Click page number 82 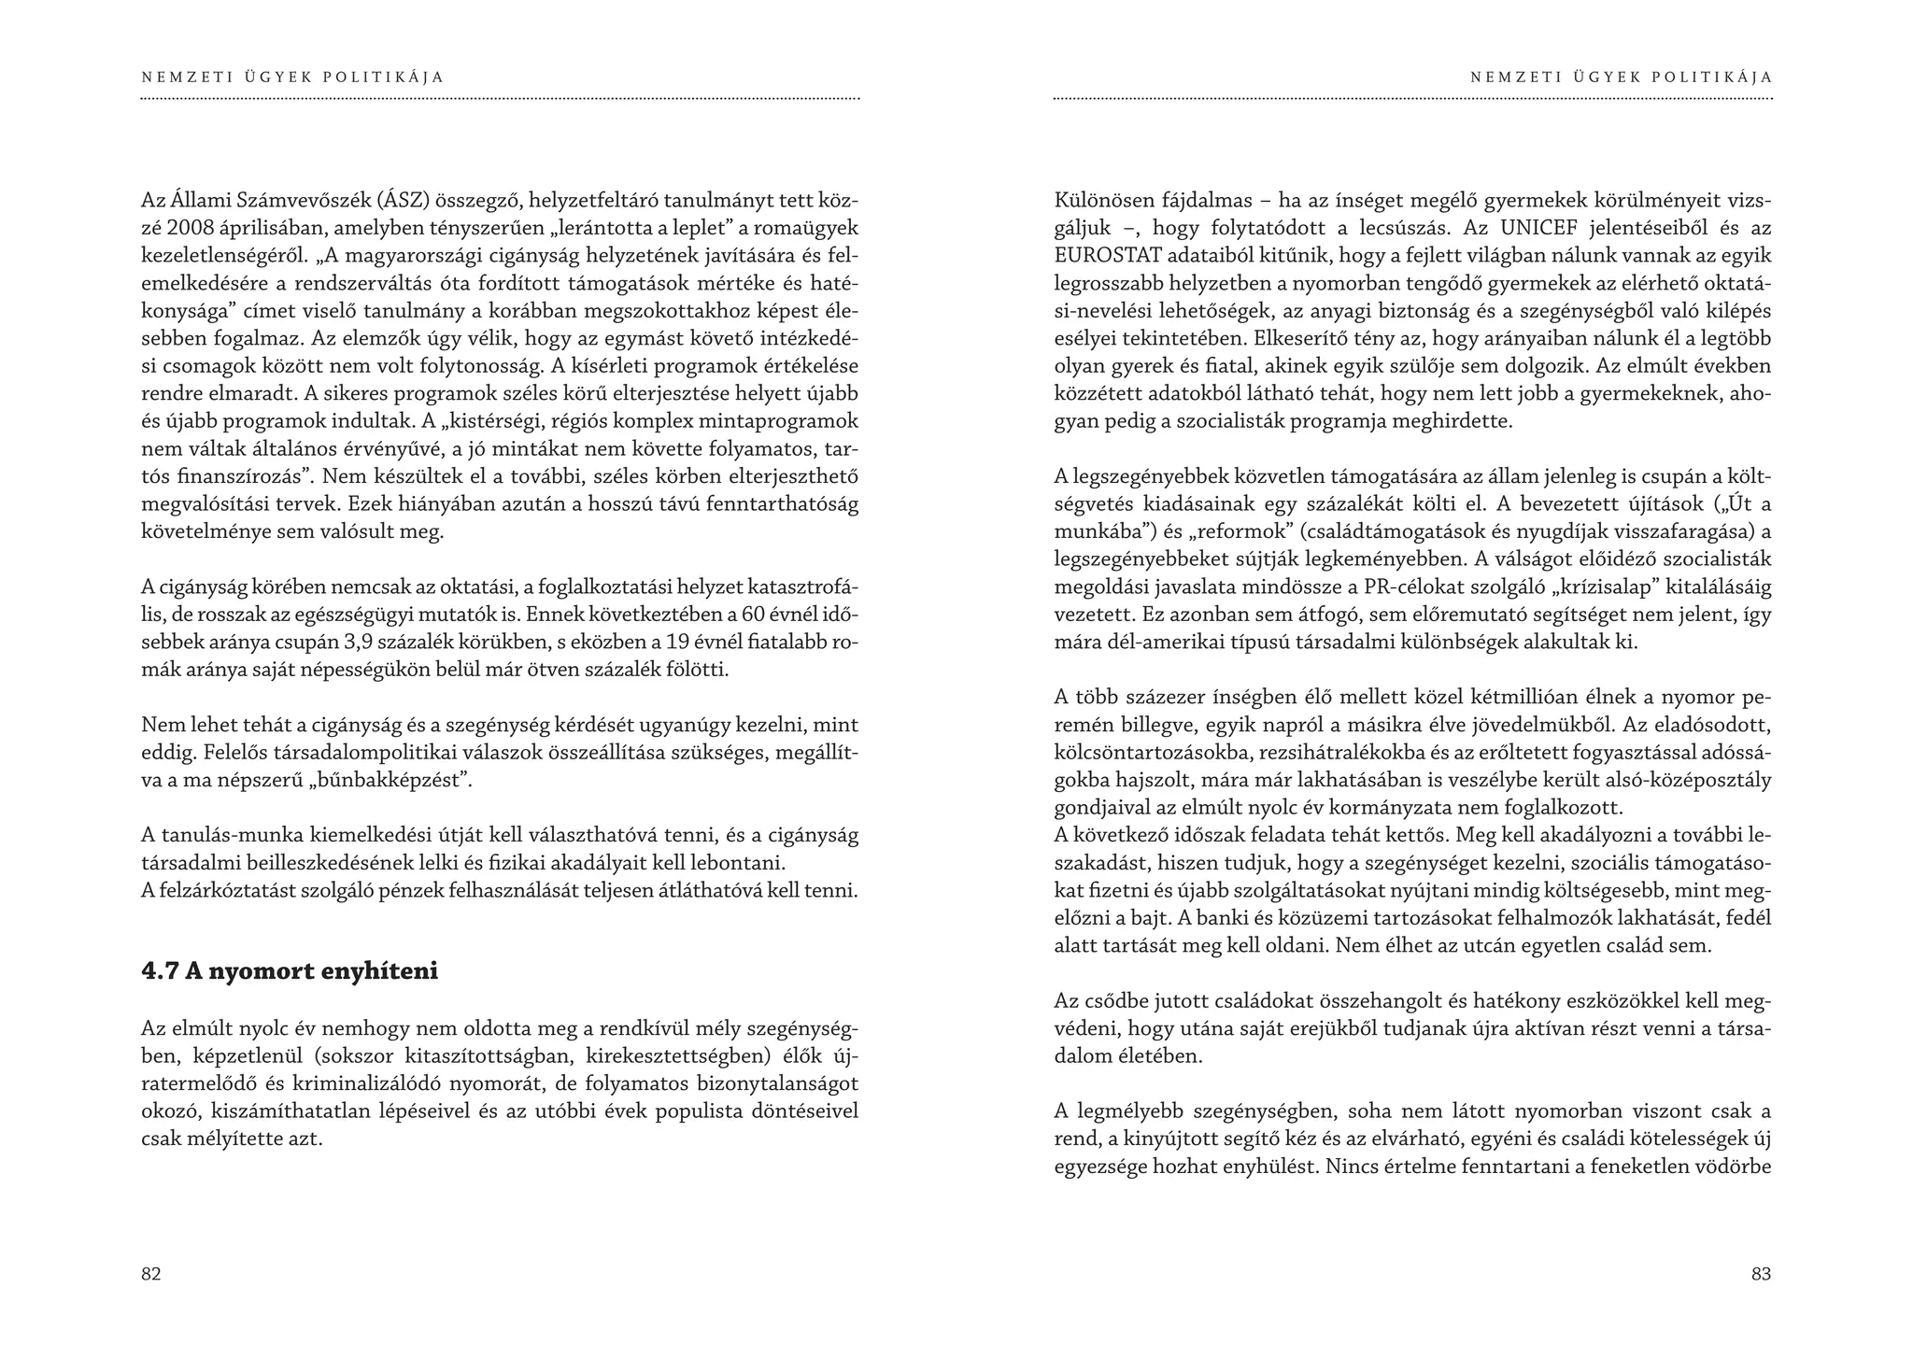pyautogui.click(x=151, y=1274)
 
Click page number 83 pyautogui.click(x=1761, y=1274)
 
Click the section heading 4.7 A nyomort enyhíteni pyautogui.click(x=290, y=971)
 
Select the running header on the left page pyautogui.click(x=292, y=78)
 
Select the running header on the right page pyautogui.click(x=1621, y=78)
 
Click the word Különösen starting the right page pyautogui.click(x=1104, y=200)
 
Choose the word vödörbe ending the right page pyautogui.click(x=1736, y=1167)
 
